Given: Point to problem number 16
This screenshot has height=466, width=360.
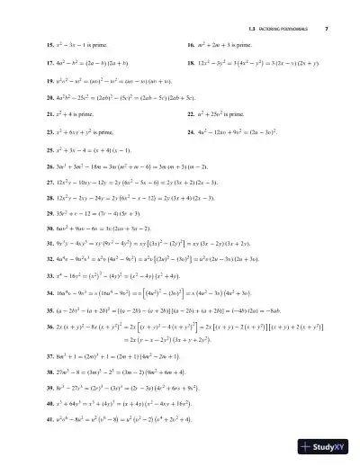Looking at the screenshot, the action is pyautogui.click(x=192, y=43).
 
